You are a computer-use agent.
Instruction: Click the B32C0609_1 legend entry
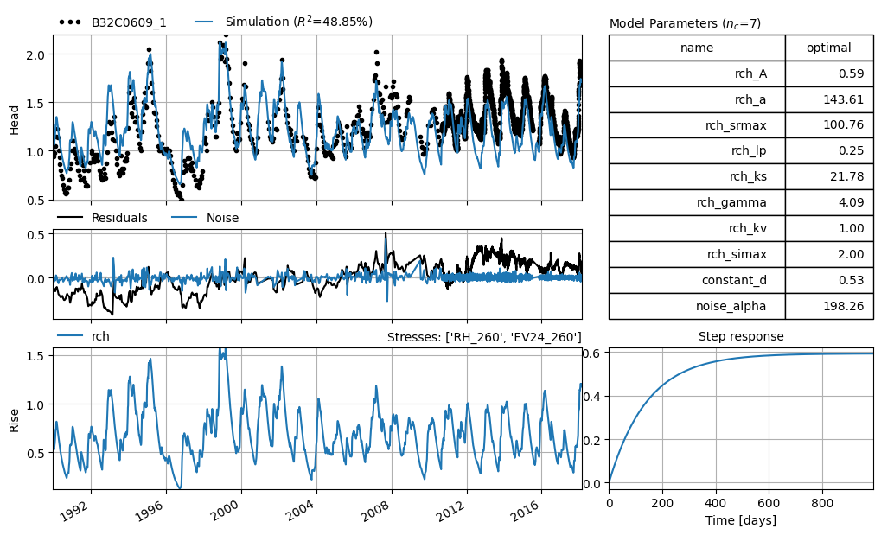[x=112, y=22]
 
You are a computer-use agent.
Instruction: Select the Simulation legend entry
[x=284, y=22]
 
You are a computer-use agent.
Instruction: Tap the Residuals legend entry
[x=102, y=218]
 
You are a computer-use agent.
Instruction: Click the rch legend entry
[x=83, y=336]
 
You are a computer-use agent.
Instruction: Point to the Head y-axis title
[x=14, y=119]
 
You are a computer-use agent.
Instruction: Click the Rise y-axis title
[x=14, y=420]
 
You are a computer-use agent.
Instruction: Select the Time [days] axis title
[x=741, y=519]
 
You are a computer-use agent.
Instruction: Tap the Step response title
[x=741, y=336]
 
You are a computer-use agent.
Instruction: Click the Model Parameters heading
[x=685, y=23]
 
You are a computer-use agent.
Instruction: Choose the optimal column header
[x=829, y=48]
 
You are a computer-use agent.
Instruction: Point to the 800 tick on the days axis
[x=822, y=502]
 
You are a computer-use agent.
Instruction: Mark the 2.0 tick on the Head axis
[x=37, y=54]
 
